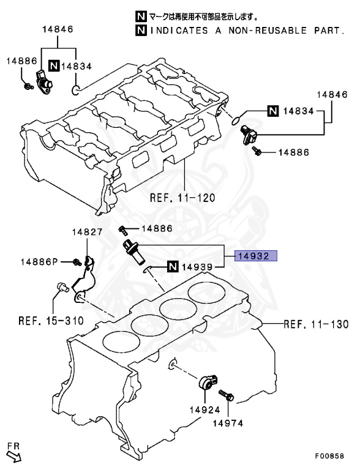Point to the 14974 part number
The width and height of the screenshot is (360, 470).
click(228, 422)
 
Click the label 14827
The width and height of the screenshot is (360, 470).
click(86, 232)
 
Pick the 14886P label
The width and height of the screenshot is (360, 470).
click(38, 262)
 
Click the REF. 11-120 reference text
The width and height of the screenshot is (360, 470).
click(182, 198)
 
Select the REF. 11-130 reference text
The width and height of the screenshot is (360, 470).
click(316, 324)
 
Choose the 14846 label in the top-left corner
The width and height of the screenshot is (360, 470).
click(58, 29)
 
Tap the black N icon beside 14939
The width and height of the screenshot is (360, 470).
click(171, 266)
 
